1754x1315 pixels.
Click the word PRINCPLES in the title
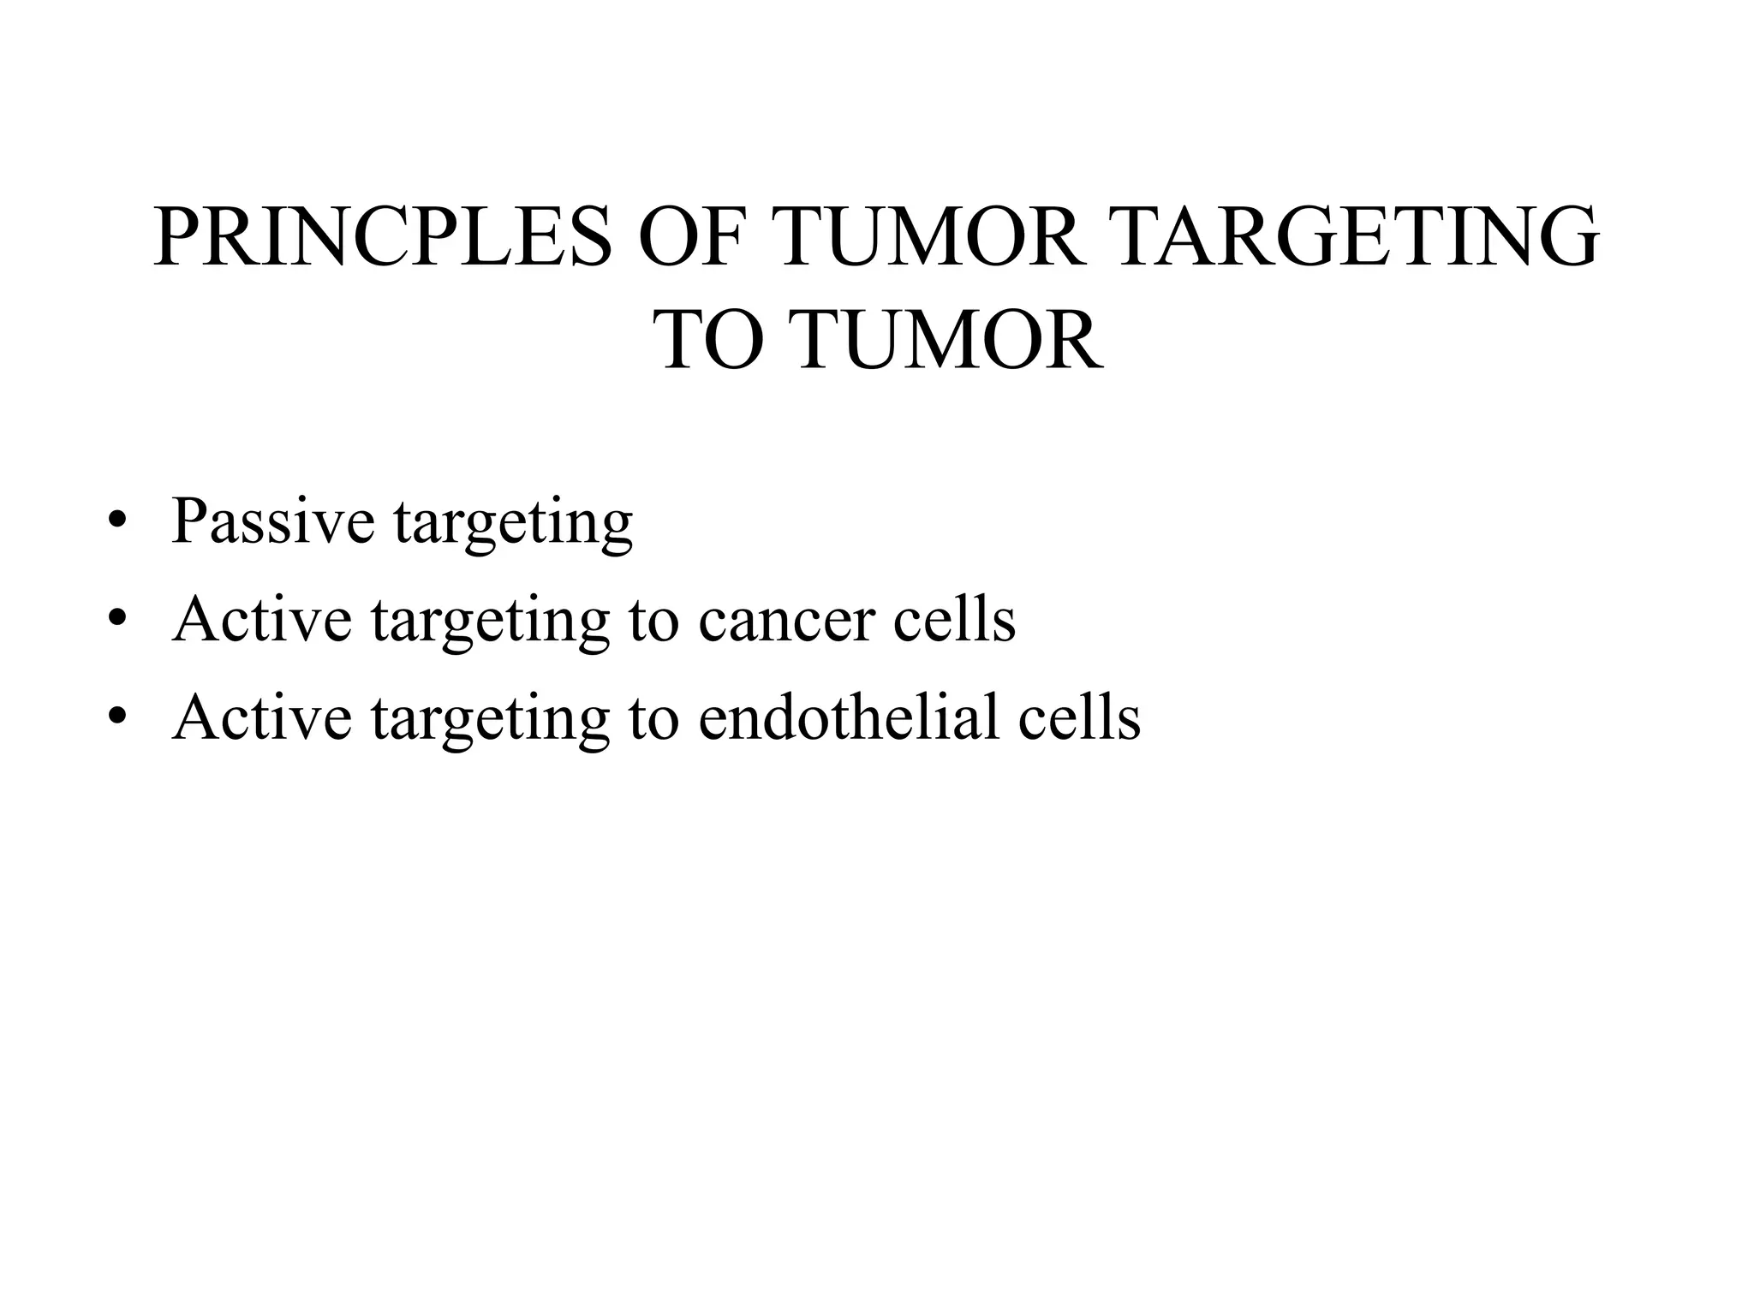click(x=383, y=238)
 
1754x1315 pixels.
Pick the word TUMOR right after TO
click(x=949, y=342)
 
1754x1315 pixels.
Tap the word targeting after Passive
click(x=513, y=524)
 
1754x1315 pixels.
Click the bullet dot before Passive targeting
click(x=117, y=523)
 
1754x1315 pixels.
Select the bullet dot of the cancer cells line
click(x=117, y=621)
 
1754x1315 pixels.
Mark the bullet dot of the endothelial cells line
click(x=117, y=718)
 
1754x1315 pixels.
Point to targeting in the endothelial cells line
click(x=490, y=720)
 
